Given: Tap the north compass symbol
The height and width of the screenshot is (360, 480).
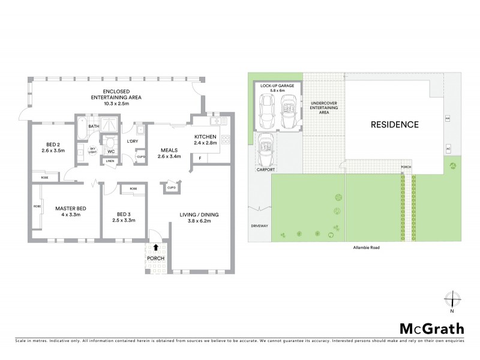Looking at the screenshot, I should pyautogui.click(x=451, y=299).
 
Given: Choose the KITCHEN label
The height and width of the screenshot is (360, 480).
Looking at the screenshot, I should pyautogui.click(x=205, y=140).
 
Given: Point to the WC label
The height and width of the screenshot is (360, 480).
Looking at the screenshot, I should pyautogui.click(x=111, y=152).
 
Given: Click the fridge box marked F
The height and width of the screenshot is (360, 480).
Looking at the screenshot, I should pyautogui.click(x=200, y=157).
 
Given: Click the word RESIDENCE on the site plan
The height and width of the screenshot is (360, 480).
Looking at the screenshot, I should pyautogui.click(x=394, y=125).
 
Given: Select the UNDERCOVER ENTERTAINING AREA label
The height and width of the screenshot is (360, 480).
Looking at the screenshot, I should pyautogui.click(x=323, y=108).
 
